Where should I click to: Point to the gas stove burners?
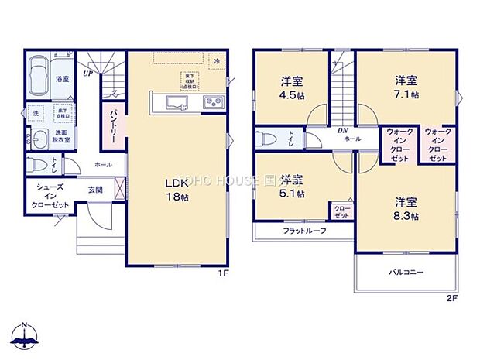(213, 103)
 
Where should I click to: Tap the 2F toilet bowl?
(265, 139)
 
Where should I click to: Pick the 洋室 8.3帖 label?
(403, 209)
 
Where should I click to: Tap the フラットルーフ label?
(303, 231)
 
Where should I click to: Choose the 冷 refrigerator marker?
(218, 60)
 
